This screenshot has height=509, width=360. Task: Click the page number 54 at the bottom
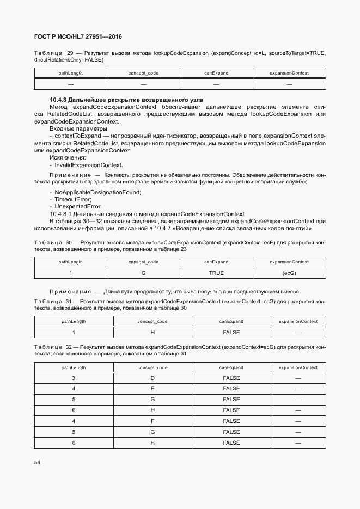(x=37, y=463)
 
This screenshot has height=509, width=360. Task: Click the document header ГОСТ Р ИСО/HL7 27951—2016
(x=78, y=37)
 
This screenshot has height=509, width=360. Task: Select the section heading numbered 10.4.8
(x=126, y=100)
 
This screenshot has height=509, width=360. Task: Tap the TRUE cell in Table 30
(x=216, y=273)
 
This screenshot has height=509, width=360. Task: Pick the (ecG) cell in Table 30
(x=289, y=273)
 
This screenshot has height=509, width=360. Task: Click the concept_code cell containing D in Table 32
(x=152, y=378)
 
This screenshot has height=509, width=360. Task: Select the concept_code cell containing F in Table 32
(x=152, y=421)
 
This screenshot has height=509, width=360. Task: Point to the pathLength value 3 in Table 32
(x=74, y=378)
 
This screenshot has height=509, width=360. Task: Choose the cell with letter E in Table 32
(x=152, y=389)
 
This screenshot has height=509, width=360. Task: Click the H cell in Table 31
(x=152, y=332)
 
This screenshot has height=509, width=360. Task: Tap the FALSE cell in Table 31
(x=231, y=332)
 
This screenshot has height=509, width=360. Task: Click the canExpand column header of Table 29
(x=216, y=73)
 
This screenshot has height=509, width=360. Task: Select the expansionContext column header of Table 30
(x=289, y=262)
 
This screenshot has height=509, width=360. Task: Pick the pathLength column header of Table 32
(x=74, y=367)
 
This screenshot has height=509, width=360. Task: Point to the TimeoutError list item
(x=72, y=200)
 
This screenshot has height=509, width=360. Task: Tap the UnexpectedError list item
(x=78, y=207)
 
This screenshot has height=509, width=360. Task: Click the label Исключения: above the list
(x=68, y=158)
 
